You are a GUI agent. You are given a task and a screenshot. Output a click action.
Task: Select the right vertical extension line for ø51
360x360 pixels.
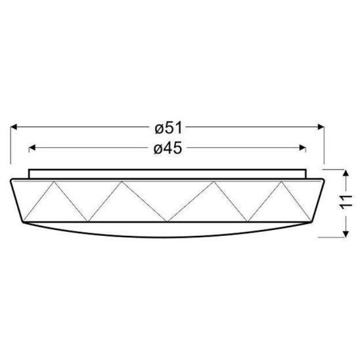(325, 145)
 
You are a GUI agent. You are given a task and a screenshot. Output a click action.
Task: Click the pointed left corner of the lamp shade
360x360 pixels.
(12, 179)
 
